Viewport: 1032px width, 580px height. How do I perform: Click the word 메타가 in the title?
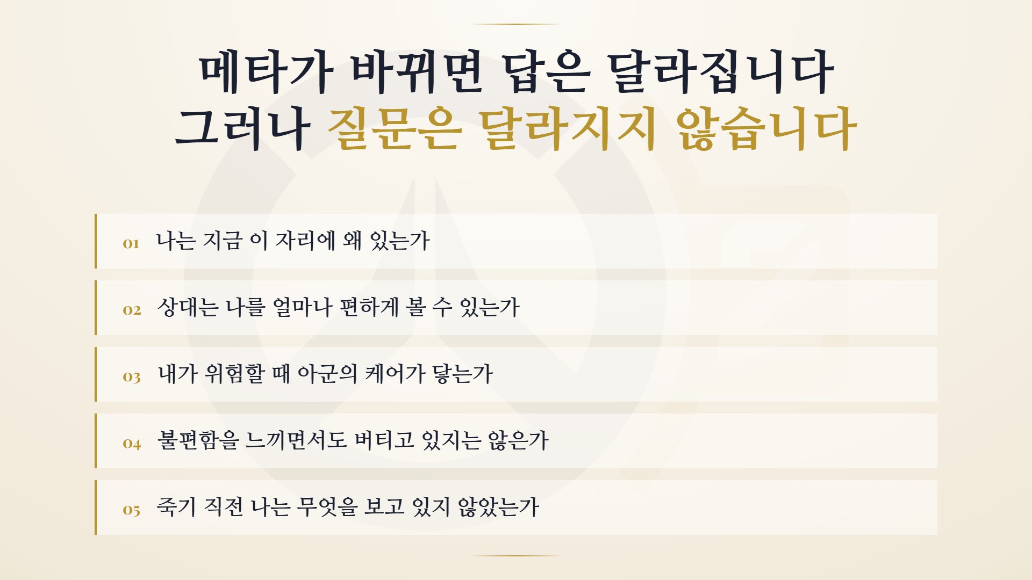click(x=266, y=72)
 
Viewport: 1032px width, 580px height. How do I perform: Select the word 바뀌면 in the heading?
click(x=417, y=72)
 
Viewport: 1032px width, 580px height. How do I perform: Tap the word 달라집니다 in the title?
click(x=720, y=72)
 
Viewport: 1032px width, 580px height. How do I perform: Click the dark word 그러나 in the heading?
click(x=242, y=128)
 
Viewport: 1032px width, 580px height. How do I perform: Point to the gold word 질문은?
click(x=395, y=128)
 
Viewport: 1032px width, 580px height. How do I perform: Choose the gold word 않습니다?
click(x=765, y=128)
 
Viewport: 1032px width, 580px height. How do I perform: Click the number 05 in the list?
click(x=132, y=510)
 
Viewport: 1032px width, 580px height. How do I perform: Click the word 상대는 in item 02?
click(x=188, y=307)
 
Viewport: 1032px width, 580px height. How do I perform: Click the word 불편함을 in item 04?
click(x=198, y=440)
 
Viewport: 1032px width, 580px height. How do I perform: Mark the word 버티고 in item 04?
click(x=384, y=440)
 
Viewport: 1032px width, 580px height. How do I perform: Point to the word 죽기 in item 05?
click(x=176, y=507)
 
